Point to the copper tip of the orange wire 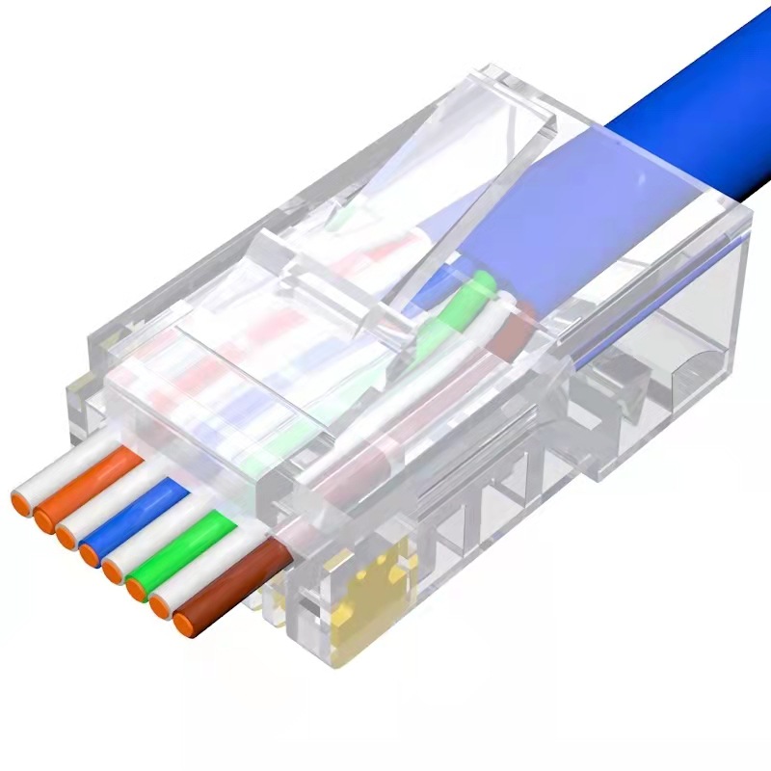pos(42,521)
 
